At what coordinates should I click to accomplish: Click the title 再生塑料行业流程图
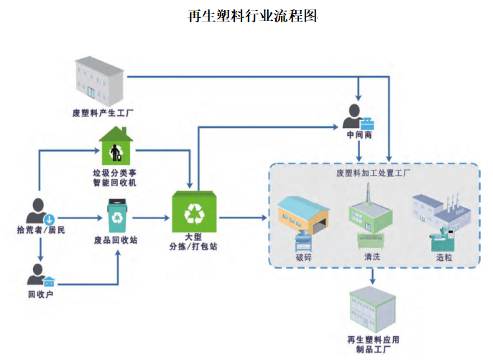[x=247, y=15]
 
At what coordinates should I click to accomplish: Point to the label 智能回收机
[x=115, y=183]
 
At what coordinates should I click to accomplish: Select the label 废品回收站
[x=116, y=240]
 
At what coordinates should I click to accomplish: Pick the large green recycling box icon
[x=195, y=212]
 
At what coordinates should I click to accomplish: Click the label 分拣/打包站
[x=195, y=246]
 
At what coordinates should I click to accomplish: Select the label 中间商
[x=359, y=134]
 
